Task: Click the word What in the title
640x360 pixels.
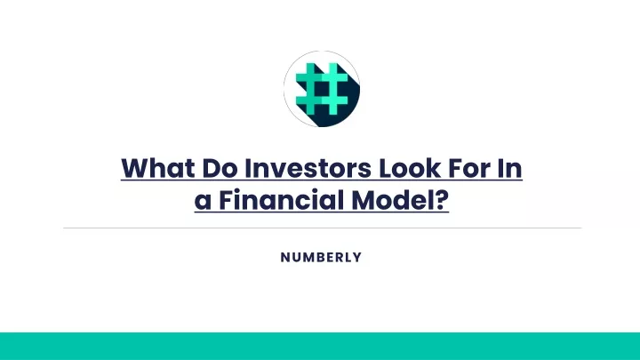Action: [x=157, y=168]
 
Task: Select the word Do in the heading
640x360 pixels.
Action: [x=220, y=168]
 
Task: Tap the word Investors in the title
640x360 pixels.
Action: [x=308, y=168]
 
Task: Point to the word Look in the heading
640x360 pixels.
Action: [x=410, y=168]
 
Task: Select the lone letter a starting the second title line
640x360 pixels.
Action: [x=203, y=201]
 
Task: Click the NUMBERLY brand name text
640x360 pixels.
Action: [x=321, y=257]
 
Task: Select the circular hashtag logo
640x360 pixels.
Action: [x=322, y=89]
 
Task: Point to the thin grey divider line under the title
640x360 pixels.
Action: [x=322, y=228]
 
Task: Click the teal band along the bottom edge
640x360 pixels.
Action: [x=320, y=346]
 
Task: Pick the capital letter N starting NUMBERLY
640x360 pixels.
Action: [x=285, y=257]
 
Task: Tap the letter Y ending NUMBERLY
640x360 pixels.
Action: [x=357, y=257]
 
